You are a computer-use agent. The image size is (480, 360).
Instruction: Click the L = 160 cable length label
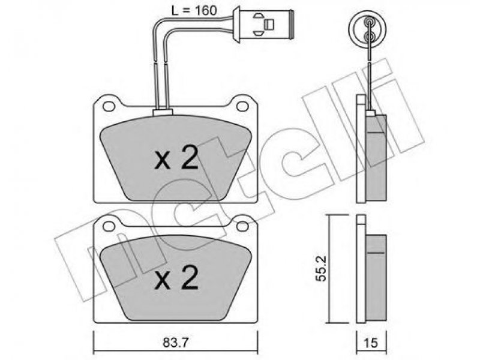click(194, 11)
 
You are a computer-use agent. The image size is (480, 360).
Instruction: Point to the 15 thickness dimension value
click(371, 343)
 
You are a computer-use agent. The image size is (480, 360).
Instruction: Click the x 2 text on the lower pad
click(176, 277)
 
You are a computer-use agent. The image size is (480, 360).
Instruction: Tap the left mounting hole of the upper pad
click(109, 106)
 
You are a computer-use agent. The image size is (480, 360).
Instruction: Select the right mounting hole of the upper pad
click(242, 106)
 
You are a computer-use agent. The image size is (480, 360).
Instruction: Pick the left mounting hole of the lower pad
click(109, 226)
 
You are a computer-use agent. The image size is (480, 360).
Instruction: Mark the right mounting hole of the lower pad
click(242, 226)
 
